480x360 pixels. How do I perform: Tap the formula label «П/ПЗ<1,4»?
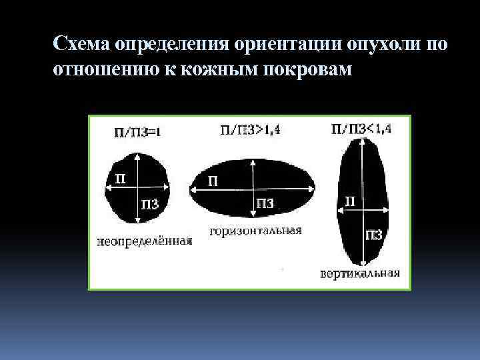pyautogui.click(x=361, y=129)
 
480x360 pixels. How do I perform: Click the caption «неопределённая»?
pyautogui.click(x=144, y=241)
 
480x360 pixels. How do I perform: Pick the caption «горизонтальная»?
pyautogui.click(x=256, y=231)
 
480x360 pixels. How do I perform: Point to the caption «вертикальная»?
pyautogui.click(x=359, y=273)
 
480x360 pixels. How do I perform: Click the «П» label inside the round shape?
pyautogui.click(x=120, y=178)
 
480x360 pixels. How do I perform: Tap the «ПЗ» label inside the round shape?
pyautogui.click(x=150, y=205)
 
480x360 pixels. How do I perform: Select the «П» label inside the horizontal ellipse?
pyautogui.click(x=212, y=181)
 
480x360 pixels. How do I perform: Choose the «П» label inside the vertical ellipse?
pyautogui.click(x=349, y=200)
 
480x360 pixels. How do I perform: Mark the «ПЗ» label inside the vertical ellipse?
pyautogui.click(x=373, y=234)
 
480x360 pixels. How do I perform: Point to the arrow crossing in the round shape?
pyautogui.click(x=136, y=189)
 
